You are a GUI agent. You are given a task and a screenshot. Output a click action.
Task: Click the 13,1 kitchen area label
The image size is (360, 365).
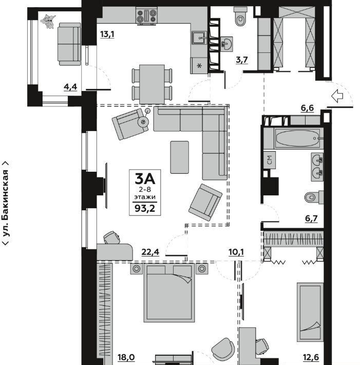point(107,34)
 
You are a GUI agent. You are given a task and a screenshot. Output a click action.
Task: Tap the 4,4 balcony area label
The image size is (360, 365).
point(70,87)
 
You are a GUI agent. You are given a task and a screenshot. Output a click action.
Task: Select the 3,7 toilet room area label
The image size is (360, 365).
point(242,60)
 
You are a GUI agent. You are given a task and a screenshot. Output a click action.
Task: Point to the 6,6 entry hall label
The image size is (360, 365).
point(307,108)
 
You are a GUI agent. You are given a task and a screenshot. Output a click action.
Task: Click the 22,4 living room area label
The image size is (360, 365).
point(150,252)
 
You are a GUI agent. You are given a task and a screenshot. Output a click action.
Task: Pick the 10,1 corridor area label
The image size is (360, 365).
point(236,252)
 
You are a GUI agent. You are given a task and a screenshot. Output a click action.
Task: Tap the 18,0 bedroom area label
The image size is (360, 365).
point(126,357)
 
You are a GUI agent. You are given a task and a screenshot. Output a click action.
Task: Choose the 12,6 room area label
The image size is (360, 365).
point(311,357)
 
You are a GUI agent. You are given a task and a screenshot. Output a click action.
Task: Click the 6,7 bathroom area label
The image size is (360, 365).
point(311,218)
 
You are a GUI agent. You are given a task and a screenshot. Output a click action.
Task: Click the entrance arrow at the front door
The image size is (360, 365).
point(337,96)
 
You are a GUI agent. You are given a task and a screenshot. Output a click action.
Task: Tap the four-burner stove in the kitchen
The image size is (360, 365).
point(146,16)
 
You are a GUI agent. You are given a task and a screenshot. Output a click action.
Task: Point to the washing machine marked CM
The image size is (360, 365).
point(270,160)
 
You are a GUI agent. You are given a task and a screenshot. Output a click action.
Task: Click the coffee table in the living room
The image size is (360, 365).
point(180,157)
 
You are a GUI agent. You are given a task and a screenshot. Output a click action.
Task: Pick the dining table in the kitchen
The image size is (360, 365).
point(152,84)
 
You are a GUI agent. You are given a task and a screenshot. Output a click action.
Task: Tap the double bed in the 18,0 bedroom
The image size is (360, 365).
point(169,293)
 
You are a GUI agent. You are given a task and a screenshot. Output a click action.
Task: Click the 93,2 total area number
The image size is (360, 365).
point(145,209)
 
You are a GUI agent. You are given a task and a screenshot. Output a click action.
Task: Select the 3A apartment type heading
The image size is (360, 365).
point(145,179)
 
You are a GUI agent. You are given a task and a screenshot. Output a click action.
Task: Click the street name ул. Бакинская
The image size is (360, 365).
point(6,203)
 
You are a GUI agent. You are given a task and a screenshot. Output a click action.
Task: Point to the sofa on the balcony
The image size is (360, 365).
point(69,44)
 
